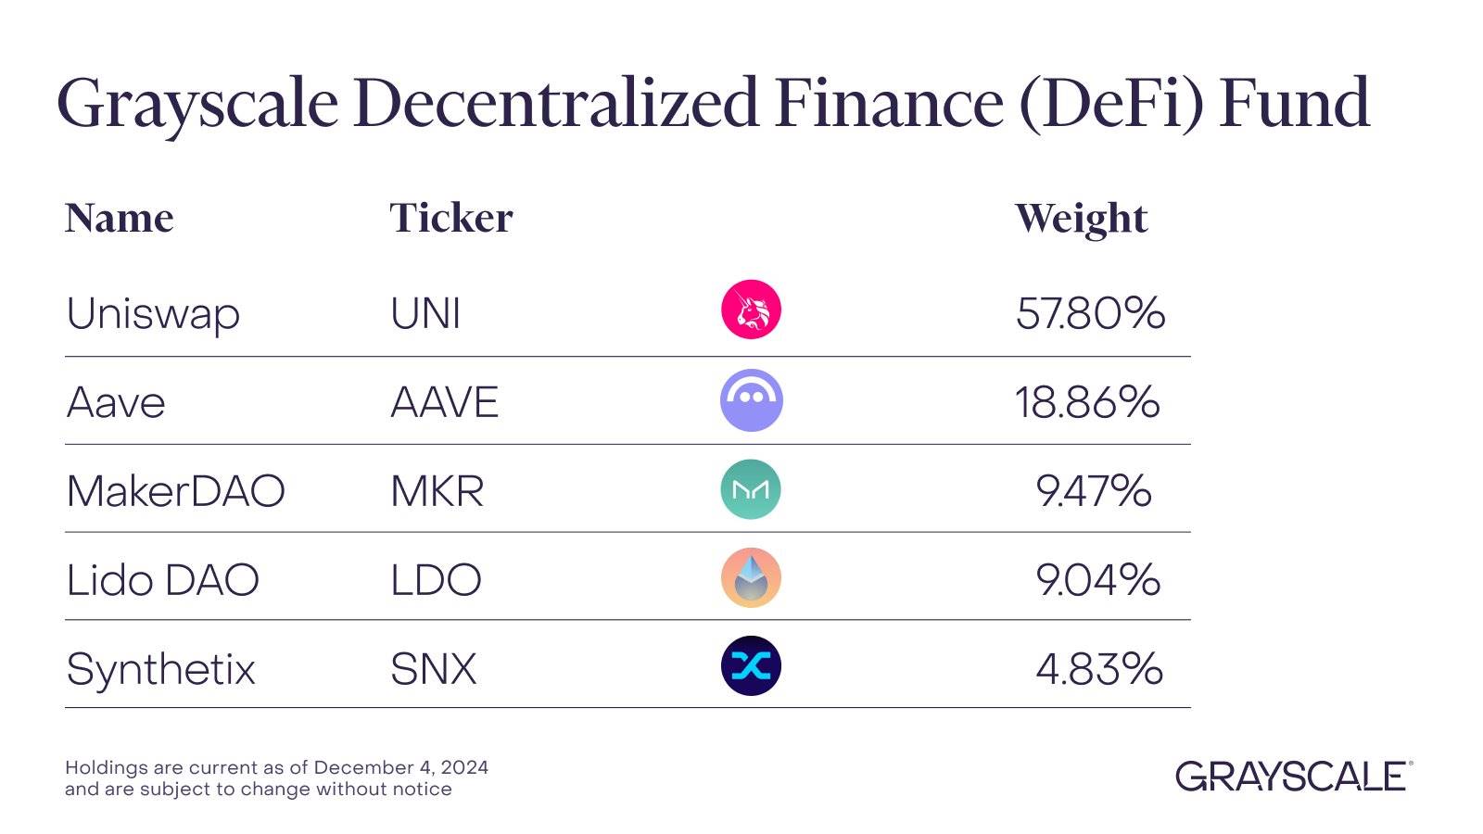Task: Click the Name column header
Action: [x=119, y=219]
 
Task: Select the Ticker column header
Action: [x=450, y=219]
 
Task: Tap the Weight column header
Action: [x=1081, y=219]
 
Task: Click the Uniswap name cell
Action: [x=153, y=313]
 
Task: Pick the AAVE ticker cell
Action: [x=444, y=402]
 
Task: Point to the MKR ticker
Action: [x=437, y=491]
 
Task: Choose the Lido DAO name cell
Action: [x=162, y=580]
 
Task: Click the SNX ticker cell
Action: [x=433, y=669]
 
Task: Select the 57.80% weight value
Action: [x=1090, y=313]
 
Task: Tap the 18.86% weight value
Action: [x=1086, y=402]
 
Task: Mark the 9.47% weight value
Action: [x=1094, y=491]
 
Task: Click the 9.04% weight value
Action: [x=1097, y=580]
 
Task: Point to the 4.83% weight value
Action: [x=1098, y=669]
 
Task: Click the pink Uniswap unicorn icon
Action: [x=751, y=310]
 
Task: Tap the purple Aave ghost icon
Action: [x=751, y=400]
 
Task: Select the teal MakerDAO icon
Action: [x=751, y=489]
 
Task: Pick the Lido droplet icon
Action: [x=751, y=577]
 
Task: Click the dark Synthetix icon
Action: [x=751, y=665]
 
